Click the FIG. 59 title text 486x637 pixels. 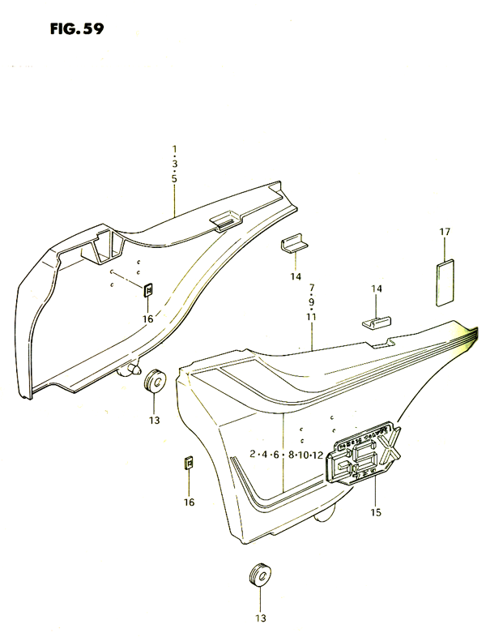click(x=77, y=29)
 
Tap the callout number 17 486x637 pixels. click(x=445, y=232)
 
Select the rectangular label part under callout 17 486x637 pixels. click(x=445, y=282)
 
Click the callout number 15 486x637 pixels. click(x=376, y=512)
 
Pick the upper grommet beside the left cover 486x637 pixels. click(x=154, y=382)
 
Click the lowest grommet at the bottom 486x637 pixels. click(x=259, y=575)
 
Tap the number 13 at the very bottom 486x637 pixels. click(x=260, y=618)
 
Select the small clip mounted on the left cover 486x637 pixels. click(x=148, y=289)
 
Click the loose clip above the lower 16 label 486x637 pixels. click(x=189, y=463)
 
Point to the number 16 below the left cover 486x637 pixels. click(x=147, y=319)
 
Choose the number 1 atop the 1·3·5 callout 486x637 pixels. click(x=174, y=148)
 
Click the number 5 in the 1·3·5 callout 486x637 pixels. click(x=174, y=179)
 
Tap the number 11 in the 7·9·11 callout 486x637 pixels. click(x=311, y=317)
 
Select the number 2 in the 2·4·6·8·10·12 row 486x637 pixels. click(x=253, y=454)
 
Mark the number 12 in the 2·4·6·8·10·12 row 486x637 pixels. click(x=318, y=455)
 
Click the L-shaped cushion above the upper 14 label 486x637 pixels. click(x=294, y=245)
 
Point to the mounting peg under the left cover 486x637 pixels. click(x=128, y=369)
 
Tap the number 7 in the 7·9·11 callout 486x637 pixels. click(x=311, y=288)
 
